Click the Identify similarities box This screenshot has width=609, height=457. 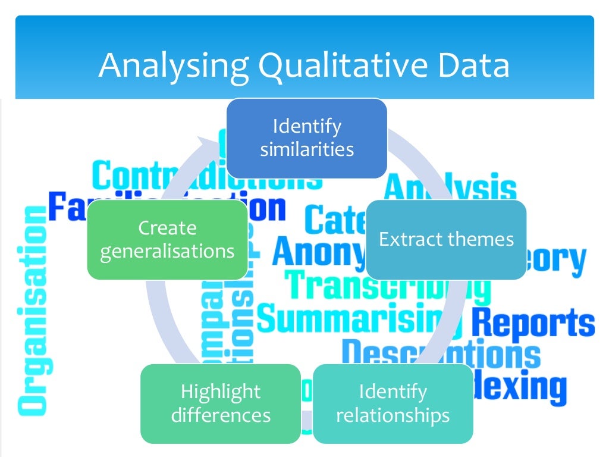pyautogui.click(x=307, y=138)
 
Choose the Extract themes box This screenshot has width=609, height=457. pyautogui.click(x=446, y=240)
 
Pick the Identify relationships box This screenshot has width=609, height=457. pyautogui.click(x=393, y=403)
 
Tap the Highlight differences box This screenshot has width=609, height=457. pyautogui.click(x=221, y=403)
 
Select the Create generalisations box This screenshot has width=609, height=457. pyautogui.click(x=167, y=240)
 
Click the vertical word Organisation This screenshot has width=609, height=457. pyautogui.click(x=32, y=309)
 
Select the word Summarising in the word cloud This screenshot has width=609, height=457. pyautogui.click(x=351, y=318)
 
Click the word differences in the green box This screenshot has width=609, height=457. pyautogui.click(x=221, y=415)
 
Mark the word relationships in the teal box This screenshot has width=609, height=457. pyautogui.click(x=393, y=415)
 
